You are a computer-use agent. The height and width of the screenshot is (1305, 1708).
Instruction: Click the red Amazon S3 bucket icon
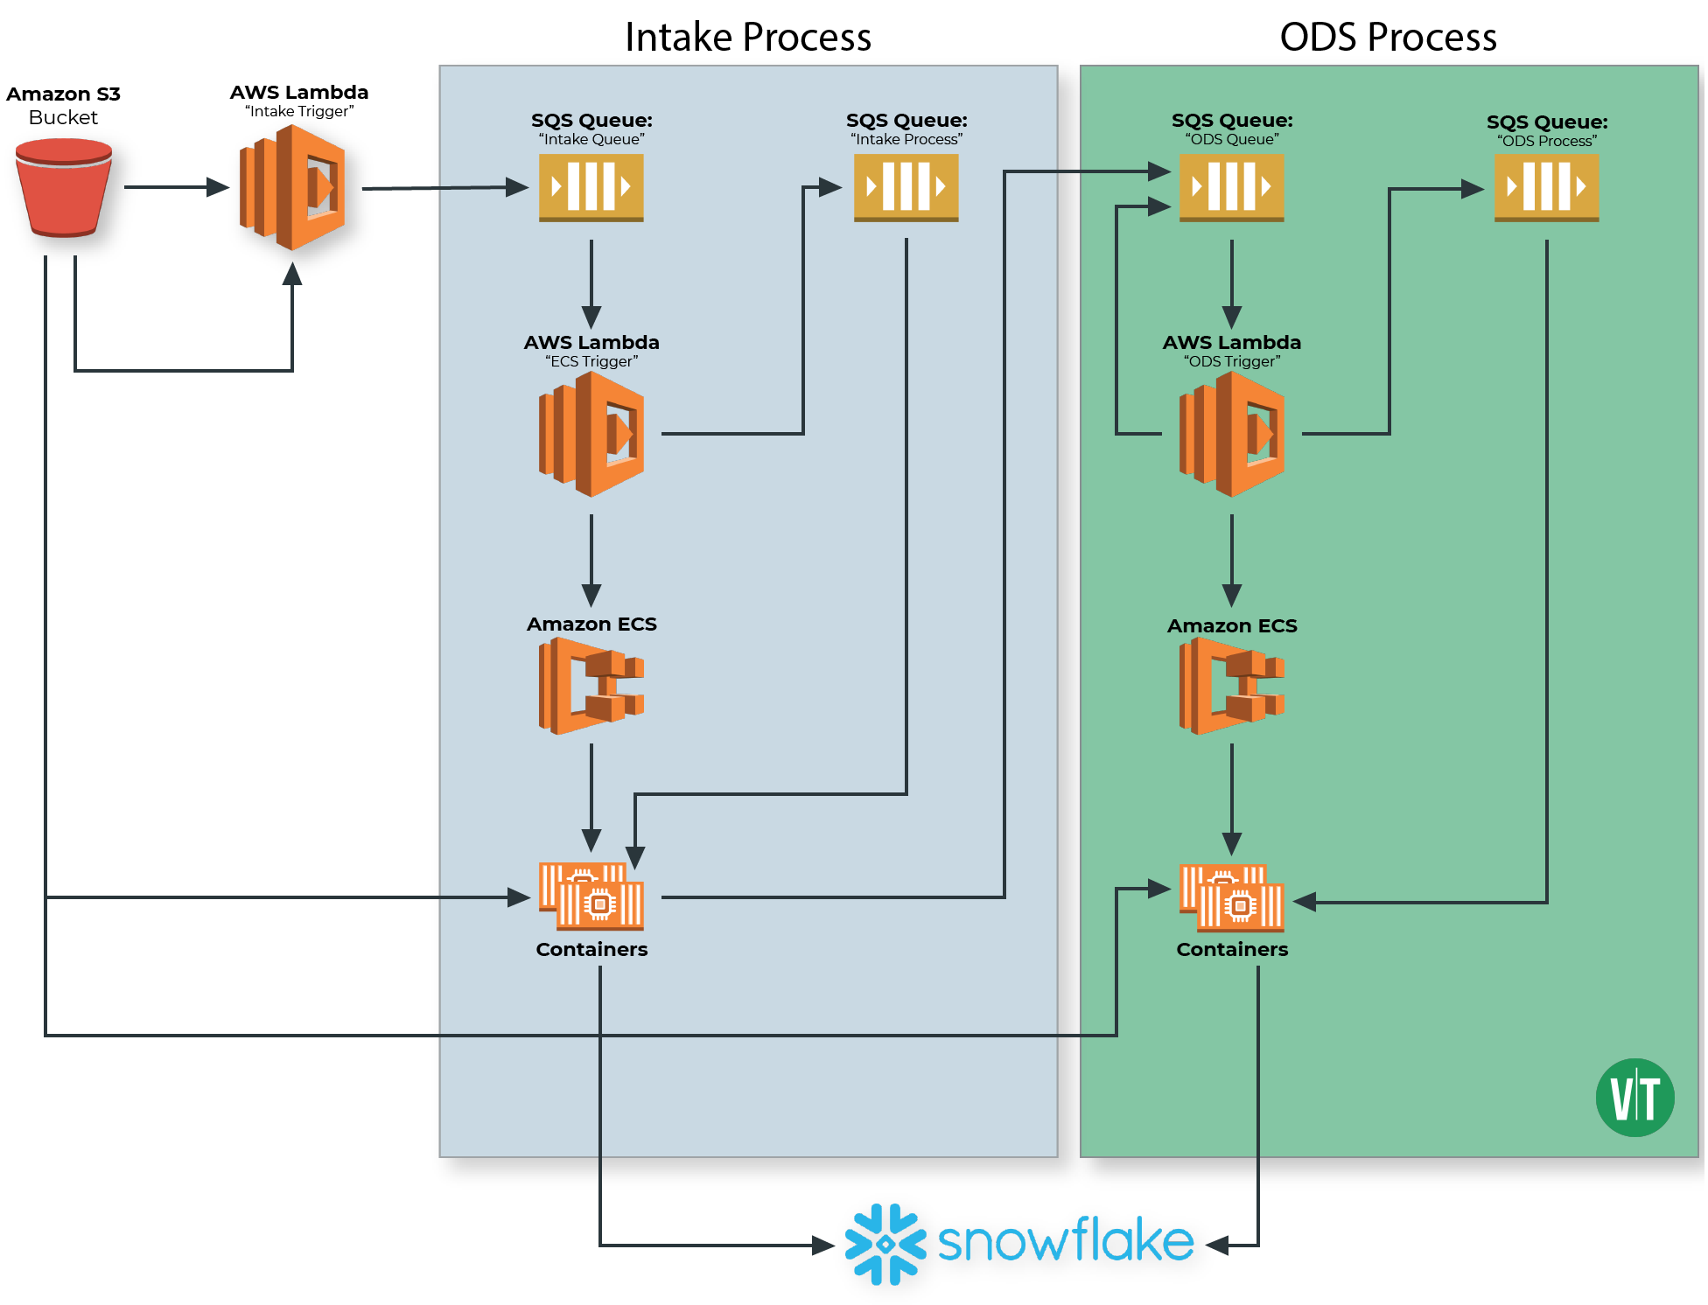(x=63, y=188)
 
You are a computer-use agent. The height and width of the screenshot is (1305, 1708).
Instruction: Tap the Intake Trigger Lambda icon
(x=292, y=187)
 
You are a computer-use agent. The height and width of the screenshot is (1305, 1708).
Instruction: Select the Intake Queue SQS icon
(x=591, y=187)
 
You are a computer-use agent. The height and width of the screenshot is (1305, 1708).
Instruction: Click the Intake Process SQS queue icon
(x=906, y=187)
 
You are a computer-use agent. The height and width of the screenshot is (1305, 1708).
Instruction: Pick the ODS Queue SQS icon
(x=1231, y=187)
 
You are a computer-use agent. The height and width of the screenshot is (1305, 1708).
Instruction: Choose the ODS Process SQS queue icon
(x=1546, y=187)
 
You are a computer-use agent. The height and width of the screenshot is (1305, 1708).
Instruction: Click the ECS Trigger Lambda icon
(x=591, y=434)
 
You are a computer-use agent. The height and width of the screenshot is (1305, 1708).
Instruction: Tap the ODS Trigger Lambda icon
(x=1231, y=434)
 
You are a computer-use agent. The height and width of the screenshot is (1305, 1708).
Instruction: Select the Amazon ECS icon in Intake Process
(x=591, y=685)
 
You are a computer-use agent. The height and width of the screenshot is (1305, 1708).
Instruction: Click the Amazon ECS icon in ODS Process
(x=1231, y=685)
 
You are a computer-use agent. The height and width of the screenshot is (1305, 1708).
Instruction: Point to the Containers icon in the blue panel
(x=591, y=896)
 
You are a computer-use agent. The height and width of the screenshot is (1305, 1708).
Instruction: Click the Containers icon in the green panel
(x=1231, y=897)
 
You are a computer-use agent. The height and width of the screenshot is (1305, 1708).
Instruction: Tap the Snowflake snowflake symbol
(x=885, y=1244)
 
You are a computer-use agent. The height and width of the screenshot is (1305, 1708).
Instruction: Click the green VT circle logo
(x=1634, y=1097)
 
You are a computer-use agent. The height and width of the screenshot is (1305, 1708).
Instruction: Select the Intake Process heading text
(x=748, y=38)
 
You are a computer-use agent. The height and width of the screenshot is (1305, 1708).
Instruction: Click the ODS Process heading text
(x=1388, y=38)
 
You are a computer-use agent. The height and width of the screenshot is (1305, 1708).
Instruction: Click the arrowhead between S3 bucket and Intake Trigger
(x=217, y=186)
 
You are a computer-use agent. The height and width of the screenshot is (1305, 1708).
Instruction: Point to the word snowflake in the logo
(x=1066, y=1240)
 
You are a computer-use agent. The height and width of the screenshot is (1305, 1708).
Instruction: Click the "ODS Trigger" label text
(x=1231, y=361)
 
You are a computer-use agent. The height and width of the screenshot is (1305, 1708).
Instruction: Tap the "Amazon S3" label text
(x=63, y=94)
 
